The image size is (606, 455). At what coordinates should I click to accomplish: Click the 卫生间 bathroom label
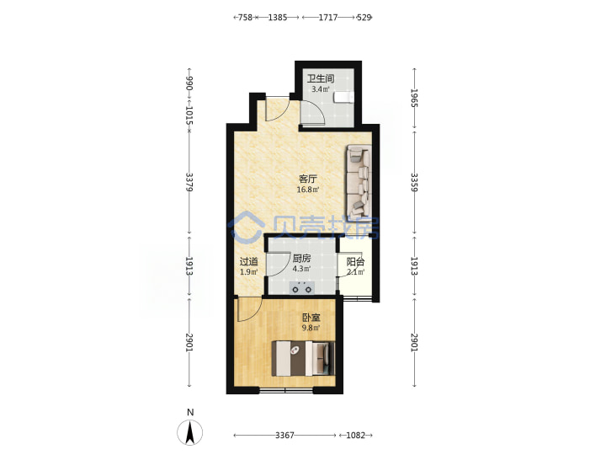point(321,78)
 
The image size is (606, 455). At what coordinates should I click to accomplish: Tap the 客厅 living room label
point(308,179)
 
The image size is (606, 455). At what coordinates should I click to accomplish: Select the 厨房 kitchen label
point(301,259)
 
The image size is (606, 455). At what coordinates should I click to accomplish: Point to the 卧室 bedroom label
point(311,318)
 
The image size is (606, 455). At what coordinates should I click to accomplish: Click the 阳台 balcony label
point(355,261)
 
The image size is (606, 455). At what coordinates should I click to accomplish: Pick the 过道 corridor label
point(249,261)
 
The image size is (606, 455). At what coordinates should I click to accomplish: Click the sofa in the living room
point(359,180)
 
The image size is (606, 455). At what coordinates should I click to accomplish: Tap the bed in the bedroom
point(303,358)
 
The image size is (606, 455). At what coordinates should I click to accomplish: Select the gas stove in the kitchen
point(302,287)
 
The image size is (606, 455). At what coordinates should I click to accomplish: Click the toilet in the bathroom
point(343,97)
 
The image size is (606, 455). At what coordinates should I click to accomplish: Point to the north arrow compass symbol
point(189,432)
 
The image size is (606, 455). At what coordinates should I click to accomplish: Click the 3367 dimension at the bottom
point(284,436)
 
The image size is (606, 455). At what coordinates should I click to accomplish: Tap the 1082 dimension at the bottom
point(355,436)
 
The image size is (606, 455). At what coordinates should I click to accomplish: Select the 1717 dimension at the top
point(328,18)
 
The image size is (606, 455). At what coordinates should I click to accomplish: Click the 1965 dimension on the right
point(414,99)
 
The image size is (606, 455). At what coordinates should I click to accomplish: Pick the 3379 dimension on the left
point(189,182)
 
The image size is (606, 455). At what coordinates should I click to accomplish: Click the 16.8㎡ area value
point(308,190)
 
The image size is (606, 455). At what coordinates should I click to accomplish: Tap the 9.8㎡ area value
point(311,328)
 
